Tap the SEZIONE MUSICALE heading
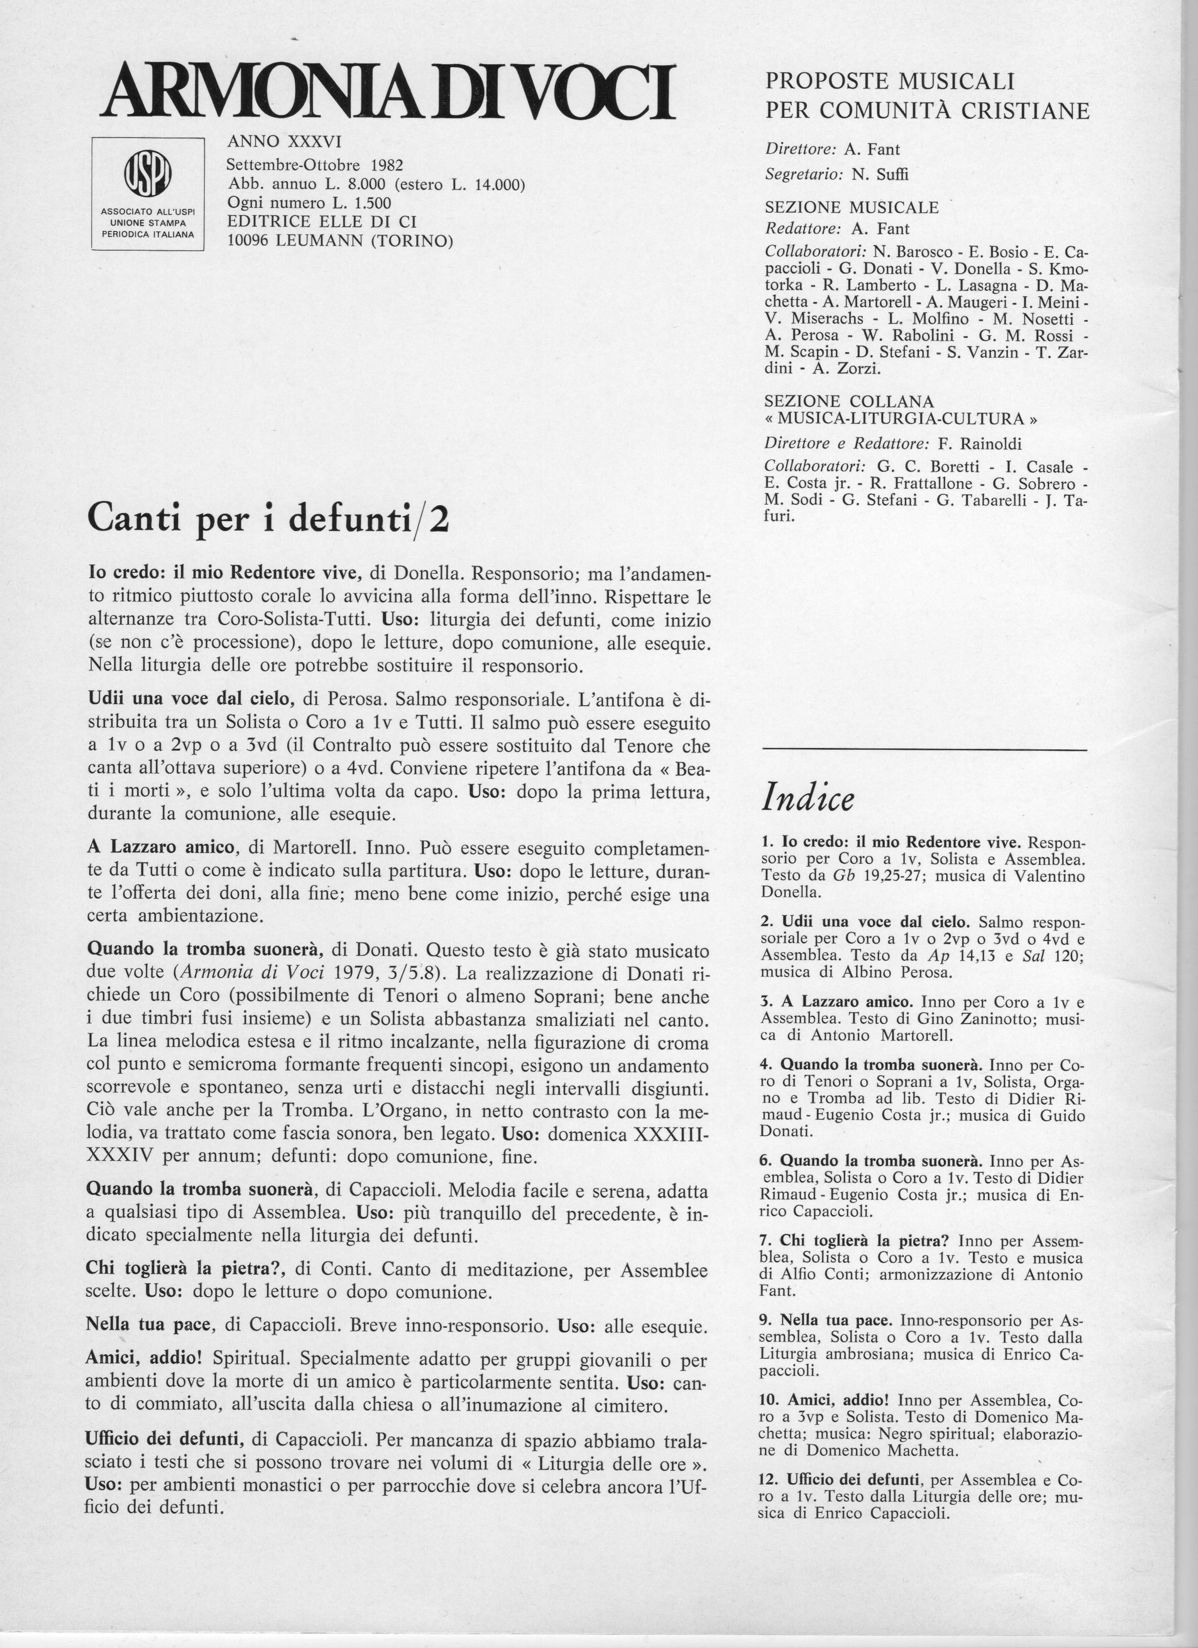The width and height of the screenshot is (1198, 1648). pyautogui.click(x=851, y=207)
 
